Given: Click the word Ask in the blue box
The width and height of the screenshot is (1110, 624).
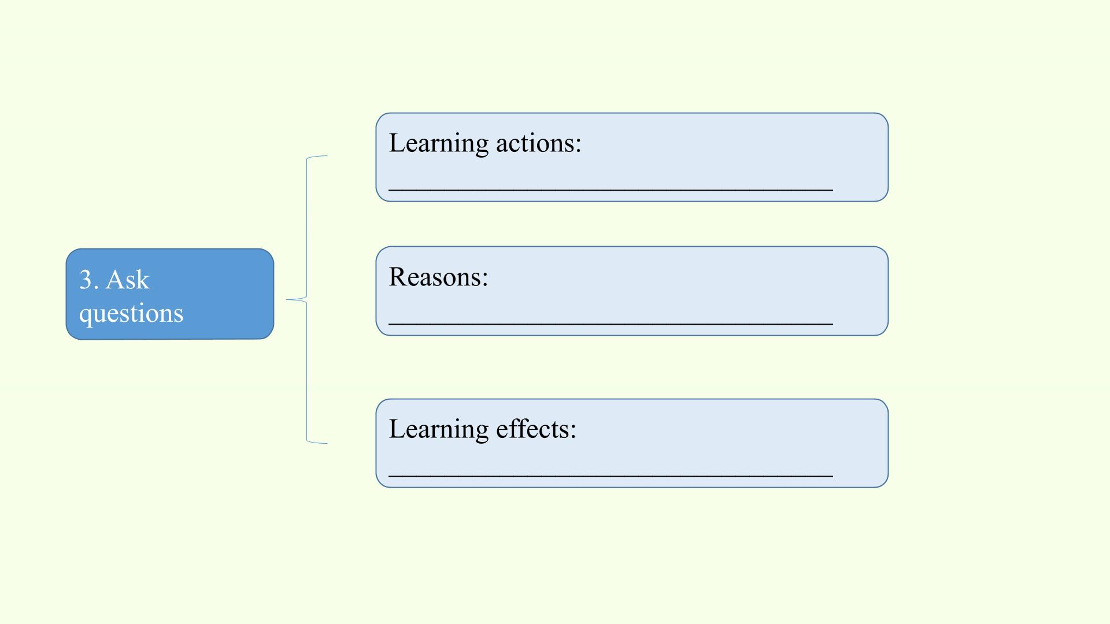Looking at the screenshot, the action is tap(128, 280).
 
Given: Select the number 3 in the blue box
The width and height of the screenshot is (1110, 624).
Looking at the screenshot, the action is tap(86, 280).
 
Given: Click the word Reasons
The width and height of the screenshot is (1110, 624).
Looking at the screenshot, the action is tap(435, 277).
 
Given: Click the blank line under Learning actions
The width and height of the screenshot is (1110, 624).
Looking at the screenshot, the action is tap(611, 190).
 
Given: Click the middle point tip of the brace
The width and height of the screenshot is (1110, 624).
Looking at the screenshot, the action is tap(287, 299).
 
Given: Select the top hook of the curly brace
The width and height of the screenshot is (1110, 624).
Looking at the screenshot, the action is tap(317, 157).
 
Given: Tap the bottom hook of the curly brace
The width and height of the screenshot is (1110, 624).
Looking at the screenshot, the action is tap(317, 441).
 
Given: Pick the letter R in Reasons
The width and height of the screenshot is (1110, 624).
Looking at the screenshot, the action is tap(397, 277).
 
